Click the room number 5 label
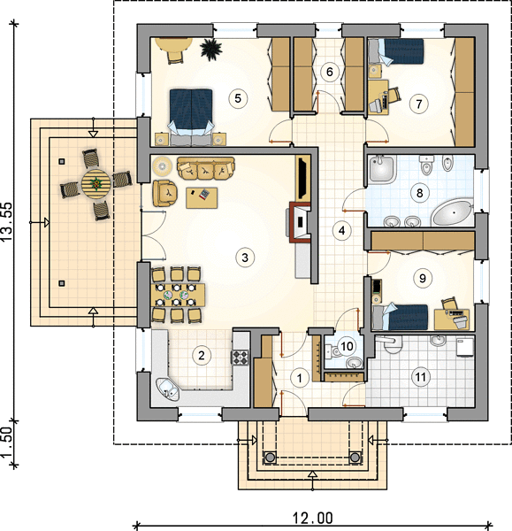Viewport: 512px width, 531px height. [238, 98]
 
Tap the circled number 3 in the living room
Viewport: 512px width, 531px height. [245, 258]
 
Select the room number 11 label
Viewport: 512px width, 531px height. [421, 377]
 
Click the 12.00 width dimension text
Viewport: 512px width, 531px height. [312, 518]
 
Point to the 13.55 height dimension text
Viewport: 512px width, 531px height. [7, 222]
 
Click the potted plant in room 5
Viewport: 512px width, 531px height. [211, 50]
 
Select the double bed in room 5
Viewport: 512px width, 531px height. [192, 117]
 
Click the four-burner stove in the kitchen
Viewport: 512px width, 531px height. [240, 358]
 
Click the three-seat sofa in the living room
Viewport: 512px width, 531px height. [206, 168]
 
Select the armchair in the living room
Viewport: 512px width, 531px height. [164, 193]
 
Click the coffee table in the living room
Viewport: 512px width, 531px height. [202, 197]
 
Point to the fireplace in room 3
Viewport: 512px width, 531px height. [300, 222]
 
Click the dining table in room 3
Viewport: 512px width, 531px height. [179, 295]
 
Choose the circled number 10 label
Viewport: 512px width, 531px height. [347, 346]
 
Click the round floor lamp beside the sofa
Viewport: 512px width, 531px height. [162, 166]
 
